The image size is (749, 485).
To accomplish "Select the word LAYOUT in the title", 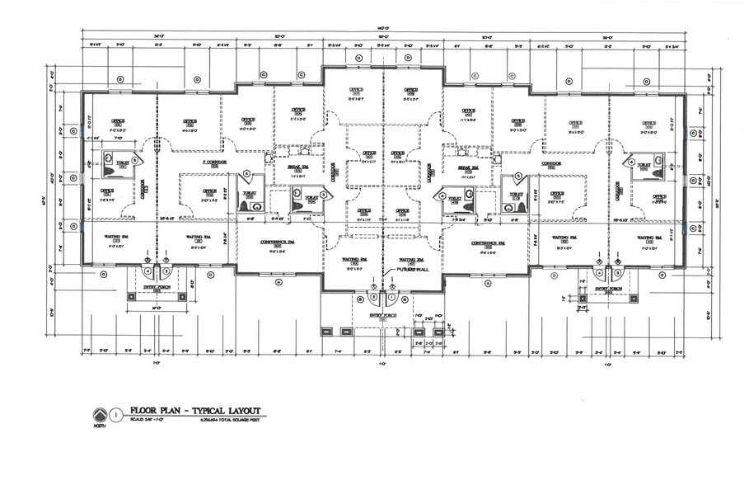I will (240, 411).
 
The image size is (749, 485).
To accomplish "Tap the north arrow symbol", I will (100, 414).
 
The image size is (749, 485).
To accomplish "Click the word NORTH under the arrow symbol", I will (99, 426).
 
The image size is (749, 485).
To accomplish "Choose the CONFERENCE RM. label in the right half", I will (488, 242).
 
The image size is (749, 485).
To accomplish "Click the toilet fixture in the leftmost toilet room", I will (110, 168).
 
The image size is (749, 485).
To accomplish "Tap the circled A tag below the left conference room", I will (279, 282).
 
